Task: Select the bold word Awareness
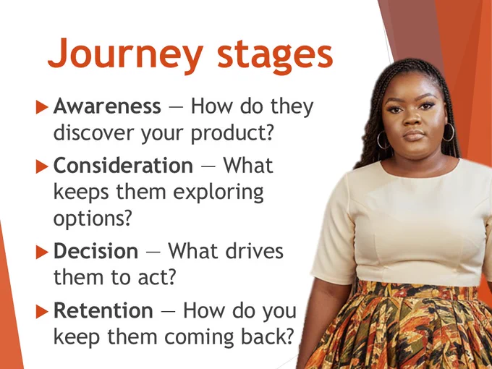click(107, 106)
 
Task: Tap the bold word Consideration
click(123, 165)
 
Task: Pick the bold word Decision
click(96, 251)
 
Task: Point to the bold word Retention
click(103, 310)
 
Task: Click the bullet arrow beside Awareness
click(42, 106)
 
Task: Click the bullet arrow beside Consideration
click(42, 166)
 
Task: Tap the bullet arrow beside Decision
click(42, 252)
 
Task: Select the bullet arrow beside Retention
click(42, 311)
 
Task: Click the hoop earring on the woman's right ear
click(383, 140)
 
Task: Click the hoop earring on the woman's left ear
click(449, 132)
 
